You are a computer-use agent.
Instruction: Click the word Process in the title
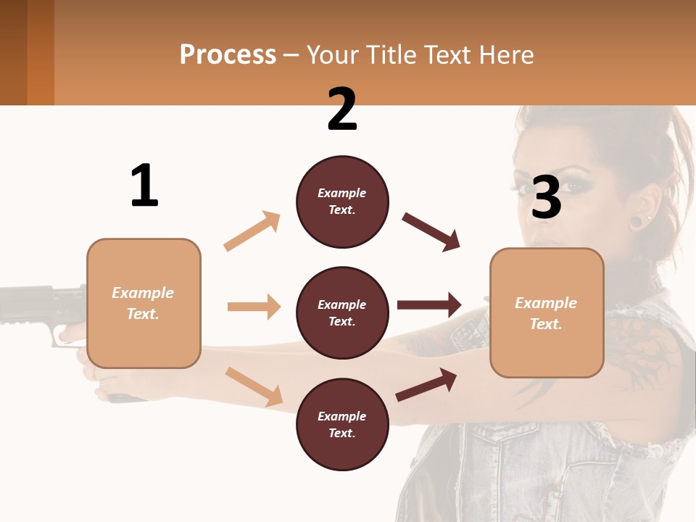click(228, 55)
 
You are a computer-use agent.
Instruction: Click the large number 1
click(144, 186)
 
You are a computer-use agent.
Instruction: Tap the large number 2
click(342, 109)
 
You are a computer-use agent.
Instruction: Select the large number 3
click(546, 197)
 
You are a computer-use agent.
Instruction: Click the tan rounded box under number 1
click(144, 303)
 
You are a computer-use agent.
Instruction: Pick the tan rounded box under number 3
click(547, 312)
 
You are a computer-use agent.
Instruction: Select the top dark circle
click(342, 202)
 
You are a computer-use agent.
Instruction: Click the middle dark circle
click(342, 312)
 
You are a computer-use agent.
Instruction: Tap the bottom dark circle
click(342, 424)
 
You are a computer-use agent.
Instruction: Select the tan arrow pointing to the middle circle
click(254, 307)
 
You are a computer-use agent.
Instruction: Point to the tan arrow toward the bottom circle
click(254, 386)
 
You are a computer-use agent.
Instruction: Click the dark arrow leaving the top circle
click(431, 231)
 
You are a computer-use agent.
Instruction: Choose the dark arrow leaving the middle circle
click(429, 305)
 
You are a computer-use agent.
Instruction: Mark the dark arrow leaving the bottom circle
click(426, 384)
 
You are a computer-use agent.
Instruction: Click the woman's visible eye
click(573, 184)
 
